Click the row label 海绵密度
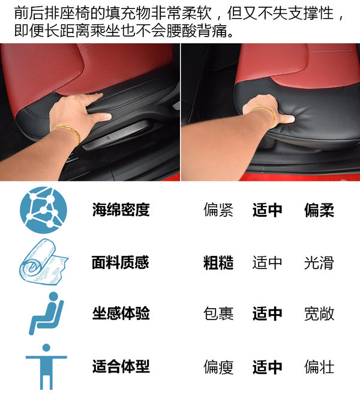121,210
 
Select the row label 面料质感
121,262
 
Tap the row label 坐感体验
121,313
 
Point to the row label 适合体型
121,366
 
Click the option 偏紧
218,210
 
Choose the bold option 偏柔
319,210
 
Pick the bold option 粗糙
218,262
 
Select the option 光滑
319,262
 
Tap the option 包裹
218,314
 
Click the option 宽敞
319,314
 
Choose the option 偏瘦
218,367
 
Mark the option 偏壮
319,366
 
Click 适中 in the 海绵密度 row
268,210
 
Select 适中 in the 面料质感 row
268,262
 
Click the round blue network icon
44,210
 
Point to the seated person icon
46,314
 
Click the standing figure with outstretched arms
46,366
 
